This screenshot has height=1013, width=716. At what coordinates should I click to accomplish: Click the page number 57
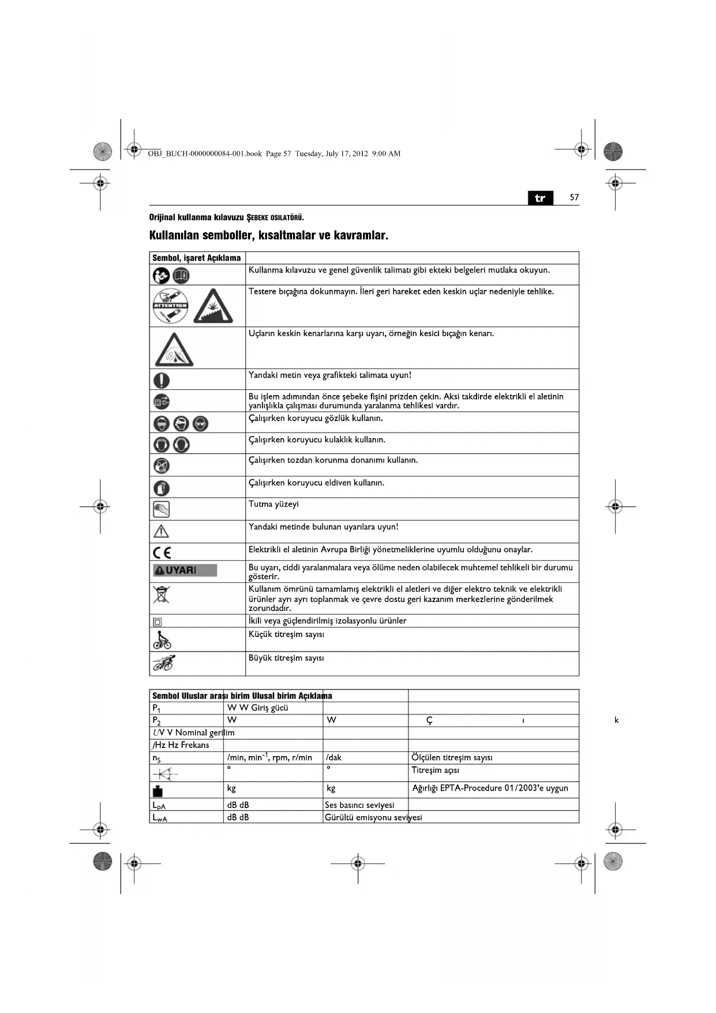[574, 198]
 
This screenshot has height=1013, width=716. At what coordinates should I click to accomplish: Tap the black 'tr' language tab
[540, 198]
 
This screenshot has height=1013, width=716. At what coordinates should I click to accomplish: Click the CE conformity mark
[162, 552]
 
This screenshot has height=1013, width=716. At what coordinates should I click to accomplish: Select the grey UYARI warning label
[185, 570]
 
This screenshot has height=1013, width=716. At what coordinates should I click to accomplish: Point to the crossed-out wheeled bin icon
[162, 594]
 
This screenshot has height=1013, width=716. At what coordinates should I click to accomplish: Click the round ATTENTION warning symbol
[170, 306]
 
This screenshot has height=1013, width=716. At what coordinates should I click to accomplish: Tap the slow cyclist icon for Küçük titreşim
[162, 640]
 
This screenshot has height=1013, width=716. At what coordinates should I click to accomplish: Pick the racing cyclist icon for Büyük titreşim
[164, 663]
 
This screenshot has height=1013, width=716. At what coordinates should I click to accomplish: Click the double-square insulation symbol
[158, 622]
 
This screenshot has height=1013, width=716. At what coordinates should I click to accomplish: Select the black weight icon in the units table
[158, 791]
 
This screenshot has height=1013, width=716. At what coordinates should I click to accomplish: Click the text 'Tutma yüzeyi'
[273, 504]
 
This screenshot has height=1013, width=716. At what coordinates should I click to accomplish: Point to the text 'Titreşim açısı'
[435, 770]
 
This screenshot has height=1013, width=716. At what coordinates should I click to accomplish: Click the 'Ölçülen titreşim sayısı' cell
[452, 758]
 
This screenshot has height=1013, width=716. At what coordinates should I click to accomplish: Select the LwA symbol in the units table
[159, 818]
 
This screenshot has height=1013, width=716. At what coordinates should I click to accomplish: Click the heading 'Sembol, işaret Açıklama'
[196, 258]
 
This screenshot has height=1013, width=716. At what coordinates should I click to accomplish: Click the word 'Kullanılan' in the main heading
[174, 236]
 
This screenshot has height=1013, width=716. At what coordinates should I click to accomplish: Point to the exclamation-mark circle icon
[162, 380]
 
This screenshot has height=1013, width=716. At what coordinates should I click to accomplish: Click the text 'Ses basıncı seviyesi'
[359, 805]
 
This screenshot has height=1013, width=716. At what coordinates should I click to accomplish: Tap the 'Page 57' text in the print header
[278, 154]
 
